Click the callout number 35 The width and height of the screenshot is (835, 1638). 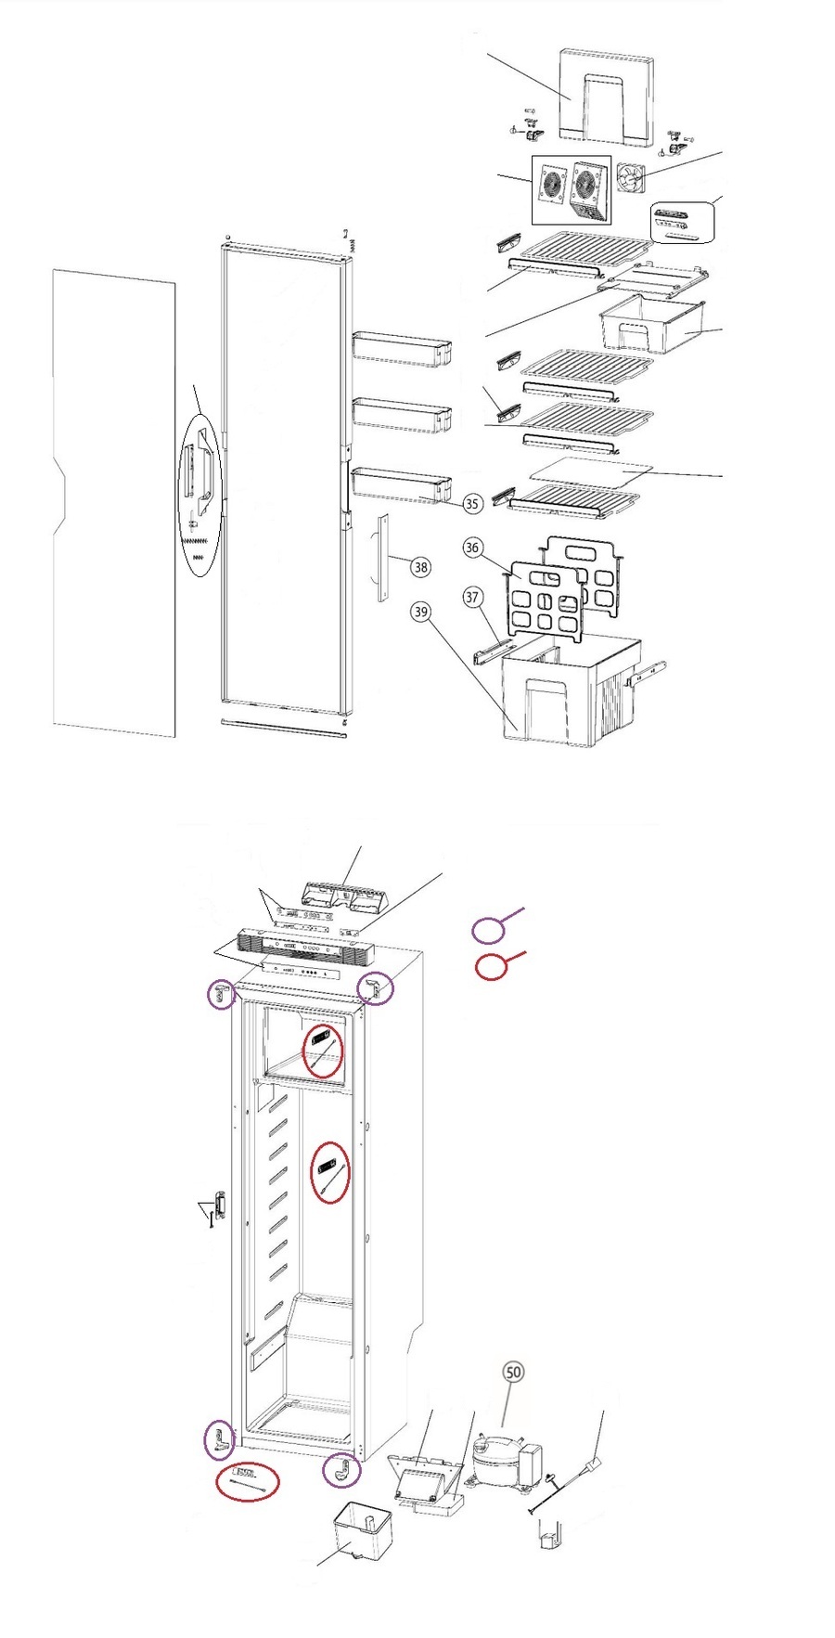point(472,503)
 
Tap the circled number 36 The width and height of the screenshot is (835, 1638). point(472,548)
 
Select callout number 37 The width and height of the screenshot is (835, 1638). point(472,597)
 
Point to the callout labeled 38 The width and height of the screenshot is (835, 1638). point(421,567)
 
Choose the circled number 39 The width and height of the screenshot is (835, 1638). point(422,612)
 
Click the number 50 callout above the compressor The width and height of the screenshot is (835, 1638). point(513,1373)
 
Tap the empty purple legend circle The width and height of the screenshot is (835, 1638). point(488,930)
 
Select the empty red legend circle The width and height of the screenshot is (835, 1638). point(491,966)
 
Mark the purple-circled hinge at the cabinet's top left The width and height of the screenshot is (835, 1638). point(221,995)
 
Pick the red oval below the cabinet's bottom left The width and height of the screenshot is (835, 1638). point(247,1481)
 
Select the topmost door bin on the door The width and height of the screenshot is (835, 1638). point(402,348)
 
